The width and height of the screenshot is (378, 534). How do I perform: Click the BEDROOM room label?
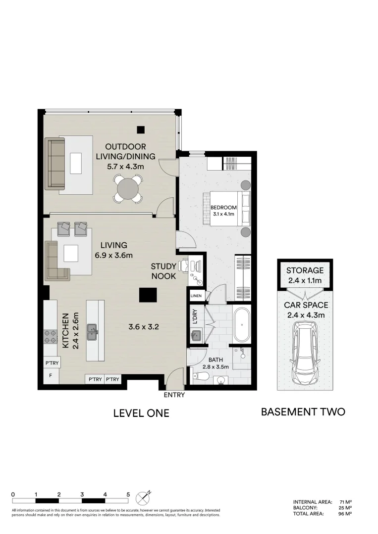[x=223, y=207]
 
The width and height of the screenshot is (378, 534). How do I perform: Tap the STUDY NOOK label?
[x=163, y=271]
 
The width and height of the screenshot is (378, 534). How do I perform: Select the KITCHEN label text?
[x=65, y=331]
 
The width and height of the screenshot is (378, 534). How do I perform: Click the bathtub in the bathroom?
[x=242, y=325]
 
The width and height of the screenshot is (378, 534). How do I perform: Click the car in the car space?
[x=305, y=353]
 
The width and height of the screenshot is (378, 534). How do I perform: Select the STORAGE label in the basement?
[x=305, y=270]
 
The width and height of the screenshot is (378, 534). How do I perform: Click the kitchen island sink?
[x=92, y=331]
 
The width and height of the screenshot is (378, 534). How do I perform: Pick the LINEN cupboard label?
[x=195, y=296]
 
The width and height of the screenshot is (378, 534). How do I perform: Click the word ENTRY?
[x=174, y=395]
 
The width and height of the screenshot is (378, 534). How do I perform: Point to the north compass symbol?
[x=144, y=495]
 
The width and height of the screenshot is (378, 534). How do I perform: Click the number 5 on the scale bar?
[x=128, y=494]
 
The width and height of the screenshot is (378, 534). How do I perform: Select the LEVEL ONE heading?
[x=141, y=413]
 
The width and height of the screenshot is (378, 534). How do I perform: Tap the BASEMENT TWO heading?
[x=303, y=411]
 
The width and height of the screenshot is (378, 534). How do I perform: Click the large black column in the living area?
[x=148, y=295]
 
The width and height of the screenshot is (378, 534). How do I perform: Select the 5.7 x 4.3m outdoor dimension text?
[x=125, y=166]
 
